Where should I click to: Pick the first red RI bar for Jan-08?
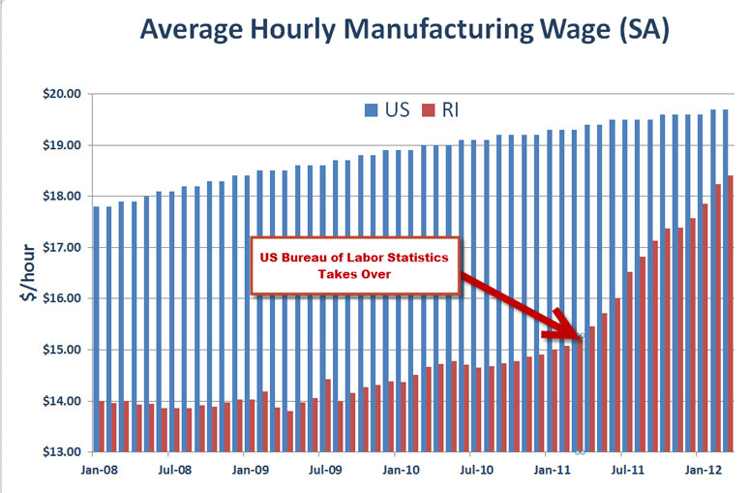click(x=101, y=426)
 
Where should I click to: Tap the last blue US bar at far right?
click(x=725, y=281)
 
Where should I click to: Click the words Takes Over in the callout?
click(x=355, y=274)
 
